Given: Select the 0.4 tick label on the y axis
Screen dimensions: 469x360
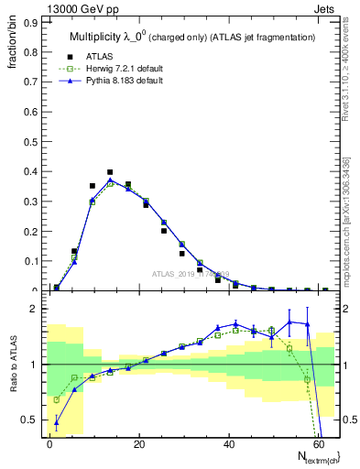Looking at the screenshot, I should [29, 171].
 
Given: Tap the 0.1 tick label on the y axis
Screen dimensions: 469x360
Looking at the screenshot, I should [29, 261].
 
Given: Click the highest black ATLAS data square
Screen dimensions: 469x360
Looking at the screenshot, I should [110, 172].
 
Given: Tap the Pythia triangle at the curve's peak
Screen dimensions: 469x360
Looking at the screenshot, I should [110, 180].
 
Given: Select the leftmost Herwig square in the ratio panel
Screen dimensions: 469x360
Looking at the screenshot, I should [57, 399].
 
